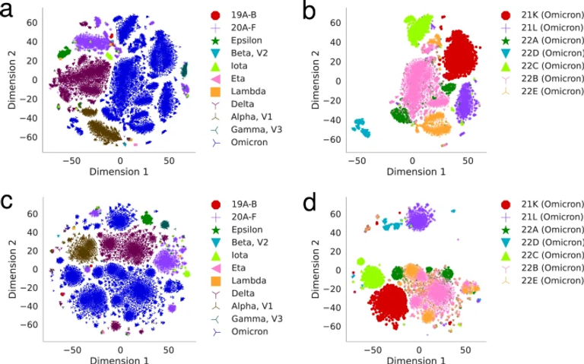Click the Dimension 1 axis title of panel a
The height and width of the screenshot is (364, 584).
pyautogui.click(x=118, y=173)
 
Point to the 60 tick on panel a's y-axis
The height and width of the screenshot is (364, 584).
pyautogui.click(x=32, y=23)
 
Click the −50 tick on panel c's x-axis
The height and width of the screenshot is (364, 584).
pyautogui.click(x=71, y=351)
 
